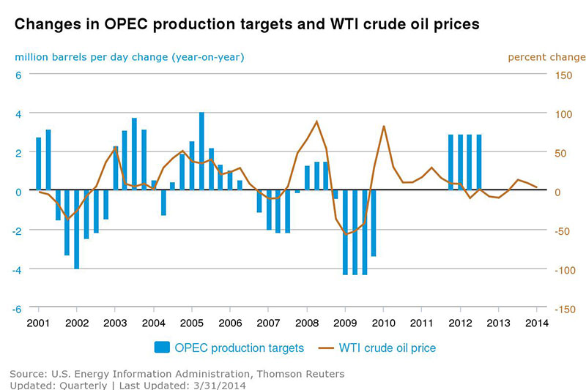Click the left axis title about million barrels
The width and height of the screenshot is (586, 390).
click(129, 56)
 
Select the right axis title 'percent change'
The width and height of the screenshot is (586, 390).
click(546, 56)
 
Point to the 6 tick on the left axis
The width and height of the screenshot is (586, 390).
click(19, 75)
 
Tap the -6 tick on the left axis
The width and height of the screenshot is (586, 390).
click(18, 309)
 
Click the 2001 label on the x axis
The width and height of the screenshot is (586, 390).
click(39, 323)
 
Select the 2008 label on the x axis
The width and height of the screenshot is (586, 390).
click(306, 323)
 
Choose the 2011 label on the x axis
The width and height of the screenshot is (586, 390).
click(421, 323)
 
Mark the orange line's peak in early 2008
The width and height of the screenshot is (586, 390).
click(316, 121)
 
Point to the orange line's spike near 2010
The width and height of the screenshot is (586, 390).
click(384, 127)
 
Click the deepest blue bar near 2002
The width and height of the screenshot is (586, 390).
click(77, 230)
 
